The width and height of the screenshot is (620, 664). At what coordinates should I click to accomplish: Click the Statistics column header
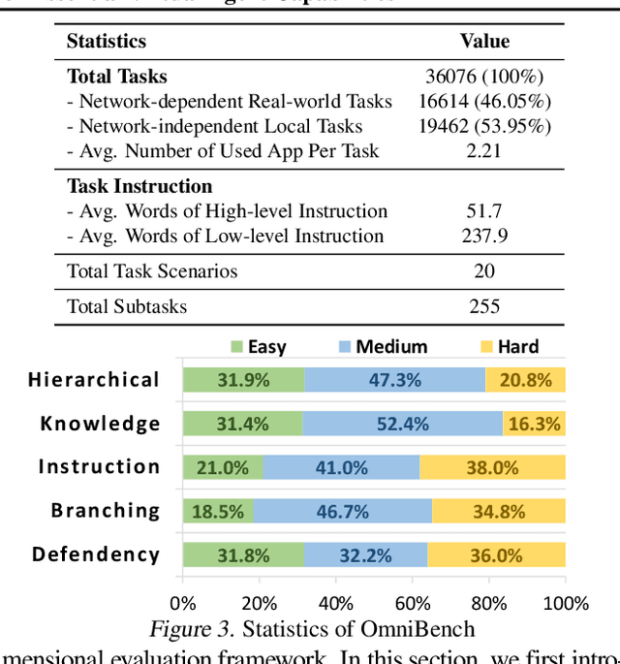click(x=107, y=41)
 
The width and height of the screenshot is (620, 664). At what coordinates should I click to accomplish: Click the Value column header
click(x=484, y=41)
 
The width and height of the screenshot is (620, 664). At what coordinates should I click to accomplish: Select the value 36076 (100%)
click(x=484, y=76)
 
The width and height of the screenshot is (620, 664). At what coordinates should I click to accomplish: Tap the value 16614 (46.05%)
click(x=484, y=101)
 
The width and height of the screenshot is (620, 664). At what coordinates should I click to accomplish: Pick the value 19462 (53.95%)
click(x=484, y=126)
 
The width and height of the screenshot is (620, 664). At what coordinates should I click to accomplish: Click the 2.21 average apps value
click(x=484, y=150)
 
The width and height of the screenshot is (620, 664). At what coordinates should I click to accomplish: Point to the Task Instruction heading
click(x=139, y=185)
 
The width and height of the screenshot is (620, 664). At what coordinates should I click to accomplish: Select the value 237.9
click(x=484, y=236)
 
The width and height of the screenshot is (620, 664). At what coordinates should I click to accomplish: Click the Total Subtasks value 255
click(x=484, y=306)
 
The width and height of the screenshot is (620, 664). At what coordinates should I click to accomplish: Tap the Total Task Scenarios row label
click(x=152, y=270)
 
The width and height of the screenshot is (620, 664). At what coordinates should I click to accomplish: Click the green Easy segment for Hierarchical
click(x=243, y=380)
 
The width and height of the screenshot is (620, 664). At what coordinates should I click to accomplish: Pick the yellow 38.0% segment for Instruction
click(x=491, y=467)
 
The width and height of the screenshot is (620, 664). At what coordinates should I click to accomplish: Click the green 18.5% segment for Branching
click(x=218, y=511)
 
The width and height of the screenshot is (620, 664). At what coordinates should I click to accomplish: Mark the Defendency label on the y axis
click(x=96, y=554)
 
